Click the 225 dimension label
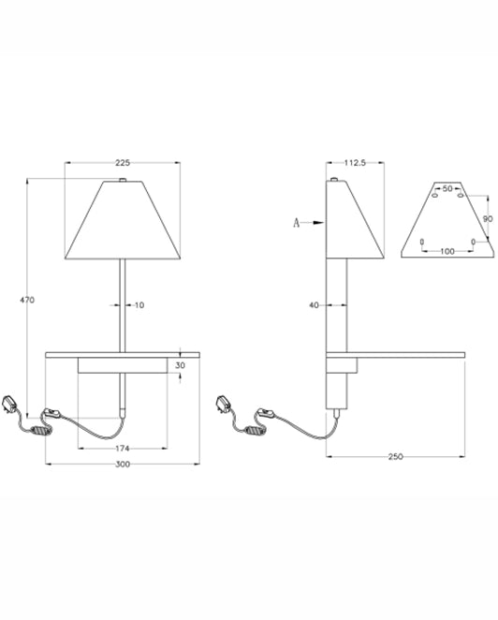[123, 163]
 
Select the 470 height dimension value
[27, 300]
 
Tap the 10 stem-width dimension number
[139, 305]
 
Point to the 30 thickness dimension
[180, 365]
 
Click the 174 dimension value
[123, 449]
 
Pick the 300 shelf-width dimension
[123, 465]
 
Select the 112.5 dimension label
[355, 163]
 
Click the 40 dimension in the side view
[314, 305]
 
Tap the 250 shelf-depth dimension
[395, 457]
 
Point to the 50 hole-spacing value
[447, 189]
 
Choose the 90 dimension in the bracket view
[488, 218]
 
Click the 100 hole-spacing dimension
[447, 252]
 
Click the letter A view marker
[297, 223]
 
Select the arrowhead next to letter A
[318, 223]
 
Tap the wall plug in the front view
[10, 404]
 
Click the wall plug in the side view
[224, 404]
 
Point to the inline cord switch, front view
[51, 414]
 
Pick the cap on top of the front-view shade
[123, 180]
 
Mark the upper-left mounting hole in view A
[434, 196]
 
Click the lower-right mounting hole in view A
[473, 242]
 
